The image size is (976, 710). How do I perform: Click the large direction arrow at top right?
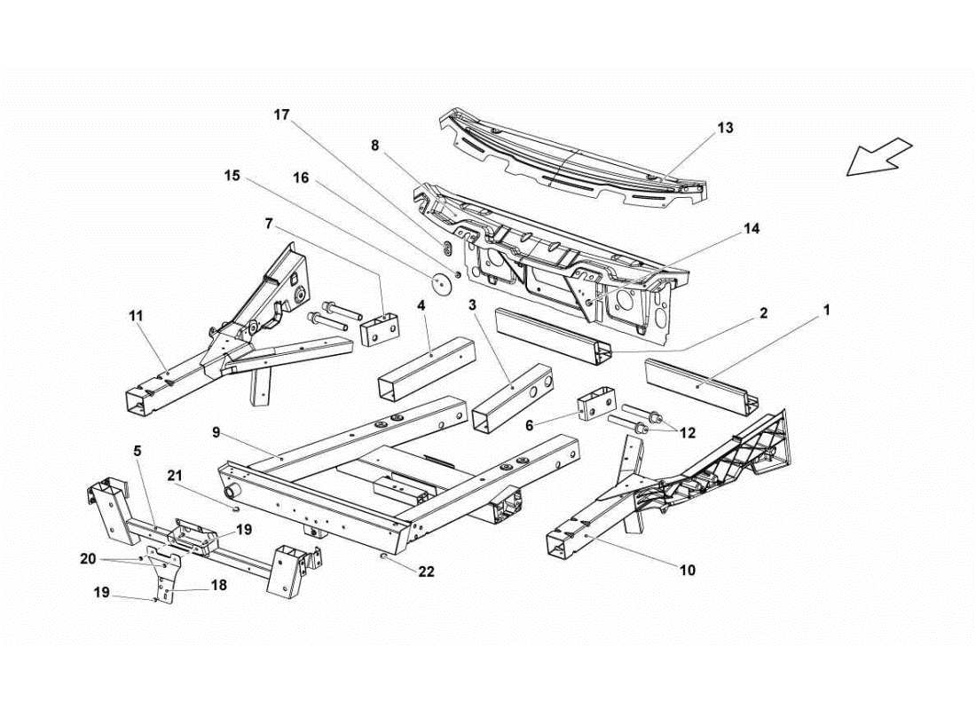pos(878,157)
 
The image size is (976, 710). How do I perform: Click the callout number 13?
pos(725,128)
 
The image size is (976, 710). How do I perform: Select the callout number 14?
pos(752,228)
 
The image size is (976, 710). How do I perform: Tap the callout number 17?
pos(281,114)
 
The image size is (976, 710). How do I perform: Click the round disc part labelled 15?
pos(441,283)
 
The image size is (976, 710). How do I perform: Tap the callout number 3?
pos(473,304)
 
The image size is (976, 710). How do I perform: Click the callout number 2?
pos(762,312)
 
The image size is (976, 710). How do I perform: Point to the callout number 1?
pos(826,310)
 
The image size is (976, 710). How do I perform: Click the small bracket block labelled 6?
pos(595,406)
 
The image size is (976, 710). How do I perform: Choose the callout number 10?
pos(688,570)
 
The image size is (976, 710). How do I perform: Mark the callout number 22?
pos(427,572)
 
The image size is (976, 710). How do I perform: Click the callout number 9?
pos(216,432)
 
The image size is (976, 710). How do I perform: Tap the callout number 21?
pos(175,474)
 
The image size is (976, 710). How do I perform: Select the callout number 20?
pos(88,558)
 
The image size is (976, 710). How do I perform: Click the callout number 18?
pos(218,587)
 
